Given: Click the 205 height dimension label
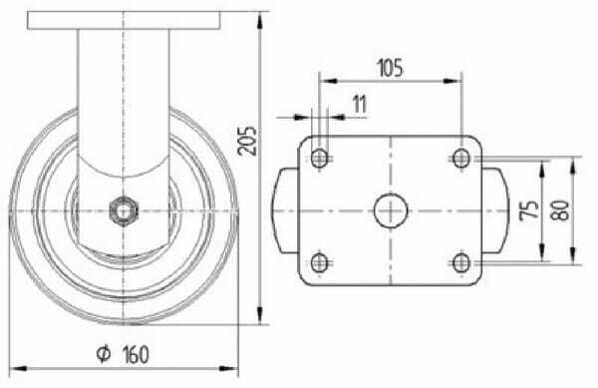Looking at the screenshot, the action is click(x=247, y=141).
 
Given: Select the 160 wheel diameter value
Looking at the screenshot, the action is click(x=136, y=354).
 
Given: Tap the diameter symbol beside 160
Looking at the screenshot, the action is click(x=104, y=354).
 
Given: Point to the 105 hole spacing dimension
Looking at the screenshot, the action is click(x=390, y=68).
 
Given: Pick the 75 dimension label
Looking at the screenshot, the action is click(x=529, y=210).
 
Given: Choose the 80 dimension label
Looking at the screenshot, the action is click(x=560, y=210).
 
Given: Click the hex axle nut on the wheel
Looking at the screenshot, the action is click(x=123, y=211).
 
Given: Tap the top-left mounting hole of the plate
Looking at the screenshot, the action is click(x=320, y=158).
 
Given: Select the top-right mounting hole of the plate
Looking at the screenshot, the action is click(x=461, y=158).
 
